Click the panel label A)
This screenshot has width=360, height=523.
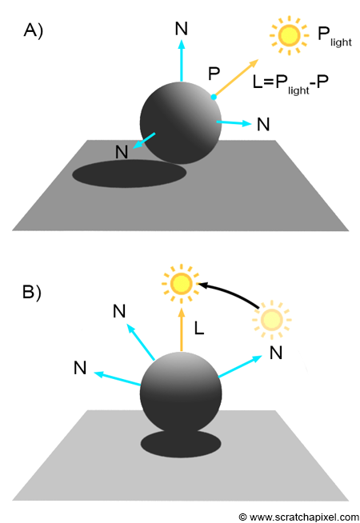tap(34, 31)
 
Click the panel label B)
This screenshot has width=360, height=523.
tap(32, 292)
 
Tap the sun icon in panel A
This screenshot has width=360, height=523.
tap(289, 34)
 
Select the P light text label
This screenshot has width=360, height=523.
tap(334, 37)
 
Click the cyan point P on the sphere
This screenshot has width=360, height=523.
tap(214, 97)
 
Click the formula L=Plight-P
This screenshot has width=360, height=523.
tap(290, 84)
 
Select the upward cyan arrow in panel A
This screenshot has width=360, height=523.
tap(181, 60)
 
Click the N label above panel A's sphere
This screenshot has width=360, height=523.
tap(181, 29)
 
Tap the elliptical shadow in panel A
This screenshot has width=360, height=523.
tap(130, 174)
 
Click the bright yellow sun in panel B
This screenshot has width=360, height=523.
tap(181, 284)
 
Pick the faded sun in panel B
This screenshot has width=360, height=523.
tap(271, 320)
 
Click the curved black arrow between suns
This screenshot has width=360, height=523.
tap(231, 291)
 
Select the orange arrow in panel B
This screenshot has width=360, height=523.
tap(181, 329)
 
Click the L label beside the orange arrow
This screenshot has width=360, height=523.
tap(199, 329)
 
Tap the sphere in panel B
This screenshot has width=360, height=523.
tap(181, 392)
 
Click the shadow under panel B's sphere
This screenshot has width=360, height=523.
tap(181, 445)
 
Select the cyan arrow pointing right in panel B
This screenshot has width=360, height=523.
tap(240, 366)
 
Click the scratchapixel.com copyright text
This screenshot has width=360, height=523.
tap(299, 517)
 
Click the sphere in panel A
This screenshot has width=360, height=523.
tap(181, 122)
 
